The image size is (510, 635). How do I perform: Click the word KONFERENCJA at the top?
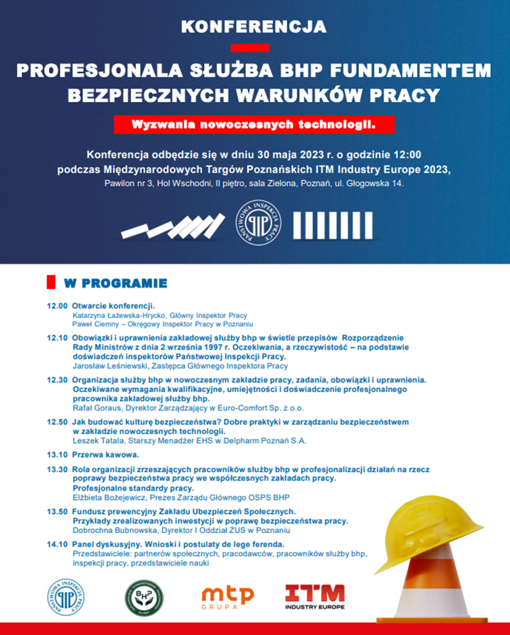click(x=254, y=28)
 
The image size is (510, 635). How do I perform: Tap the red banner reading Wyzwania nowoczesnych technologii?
click(x=254, y=124)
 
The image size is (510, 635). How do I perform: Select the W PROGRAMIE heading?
click(x=115, y=284)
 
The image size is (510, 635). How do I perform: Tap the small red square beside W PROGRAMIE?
click(x=51, y=282)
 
